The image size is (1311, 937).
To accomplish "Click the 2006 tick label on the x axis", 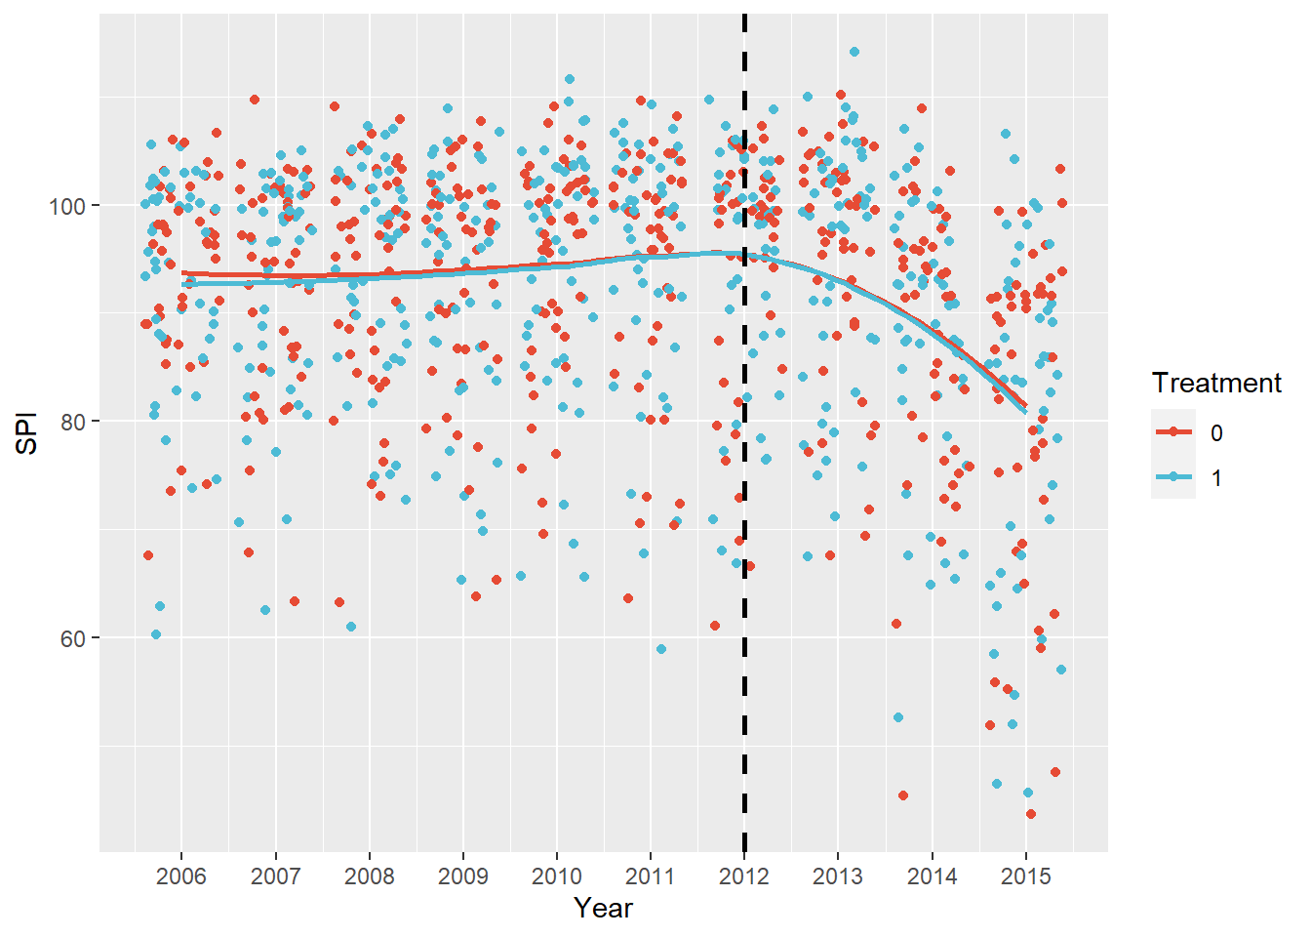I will click(181, 876).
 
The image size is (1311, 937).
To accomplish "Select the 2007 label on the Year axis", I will click(275, 876).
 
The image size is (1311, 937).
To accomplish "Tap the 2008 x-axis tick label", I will click(369, 876).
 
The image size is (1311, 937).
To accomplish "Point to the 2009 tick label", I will click(462, 876).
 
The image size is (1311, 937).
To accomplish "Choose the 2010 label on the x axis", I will click(556, 876).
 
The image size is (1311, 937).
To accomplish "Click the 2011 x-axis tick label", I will click(650, 876).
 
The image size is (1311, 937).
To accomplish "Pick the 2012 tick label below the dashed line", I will click(744, 876).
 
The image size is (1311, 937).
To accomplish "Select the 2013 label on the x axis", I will click(838, 876).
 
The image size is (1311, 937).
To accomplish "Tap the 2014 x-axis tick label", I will click(932, 876).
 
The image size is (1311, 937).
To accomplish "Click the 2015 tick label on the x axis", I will click(1025, 876).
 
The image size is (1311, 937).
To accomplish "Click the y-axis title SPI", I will click(27, 432).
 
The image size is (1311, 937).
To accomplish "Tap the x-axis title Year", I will click(603, 909).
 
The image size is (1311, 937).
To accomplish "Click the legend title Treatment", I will click(1215, 383).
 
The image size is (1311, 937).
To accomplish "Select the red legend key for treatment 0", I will click(1173, 432).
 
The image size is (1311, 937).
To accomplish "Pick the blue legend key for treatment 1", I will click(1173, 477).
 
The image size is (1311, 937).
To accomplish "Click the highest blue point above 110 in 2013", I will click(854, 52).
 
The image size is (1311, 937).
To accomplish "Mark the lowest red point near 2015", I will click(1031, 814).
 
